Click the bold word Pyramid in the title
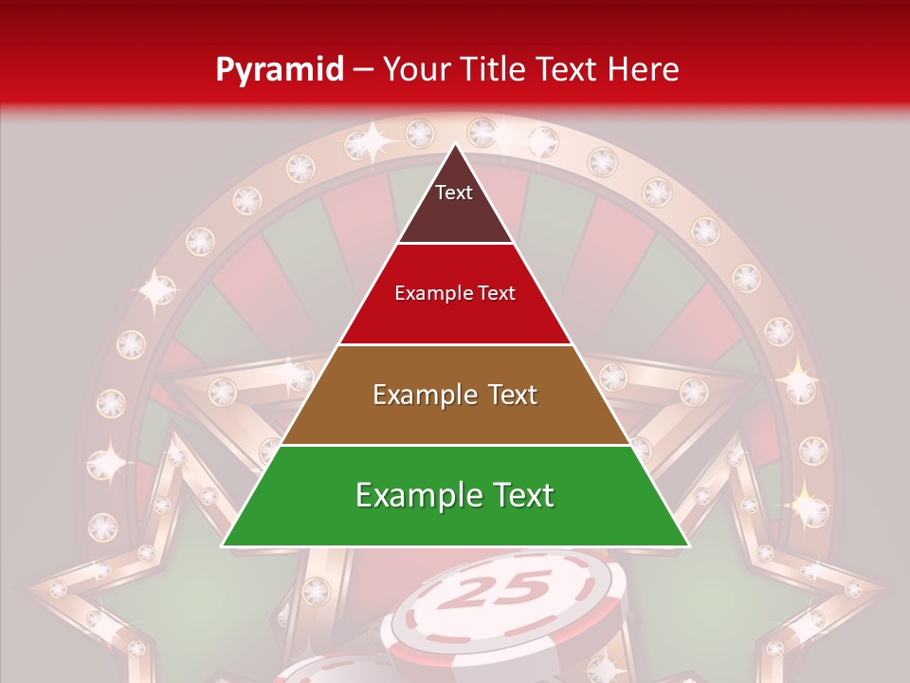click(x=280, y=69)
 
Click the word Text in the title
click(x=568, y=69)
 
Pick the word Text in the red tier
click(x=497, y=294)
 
